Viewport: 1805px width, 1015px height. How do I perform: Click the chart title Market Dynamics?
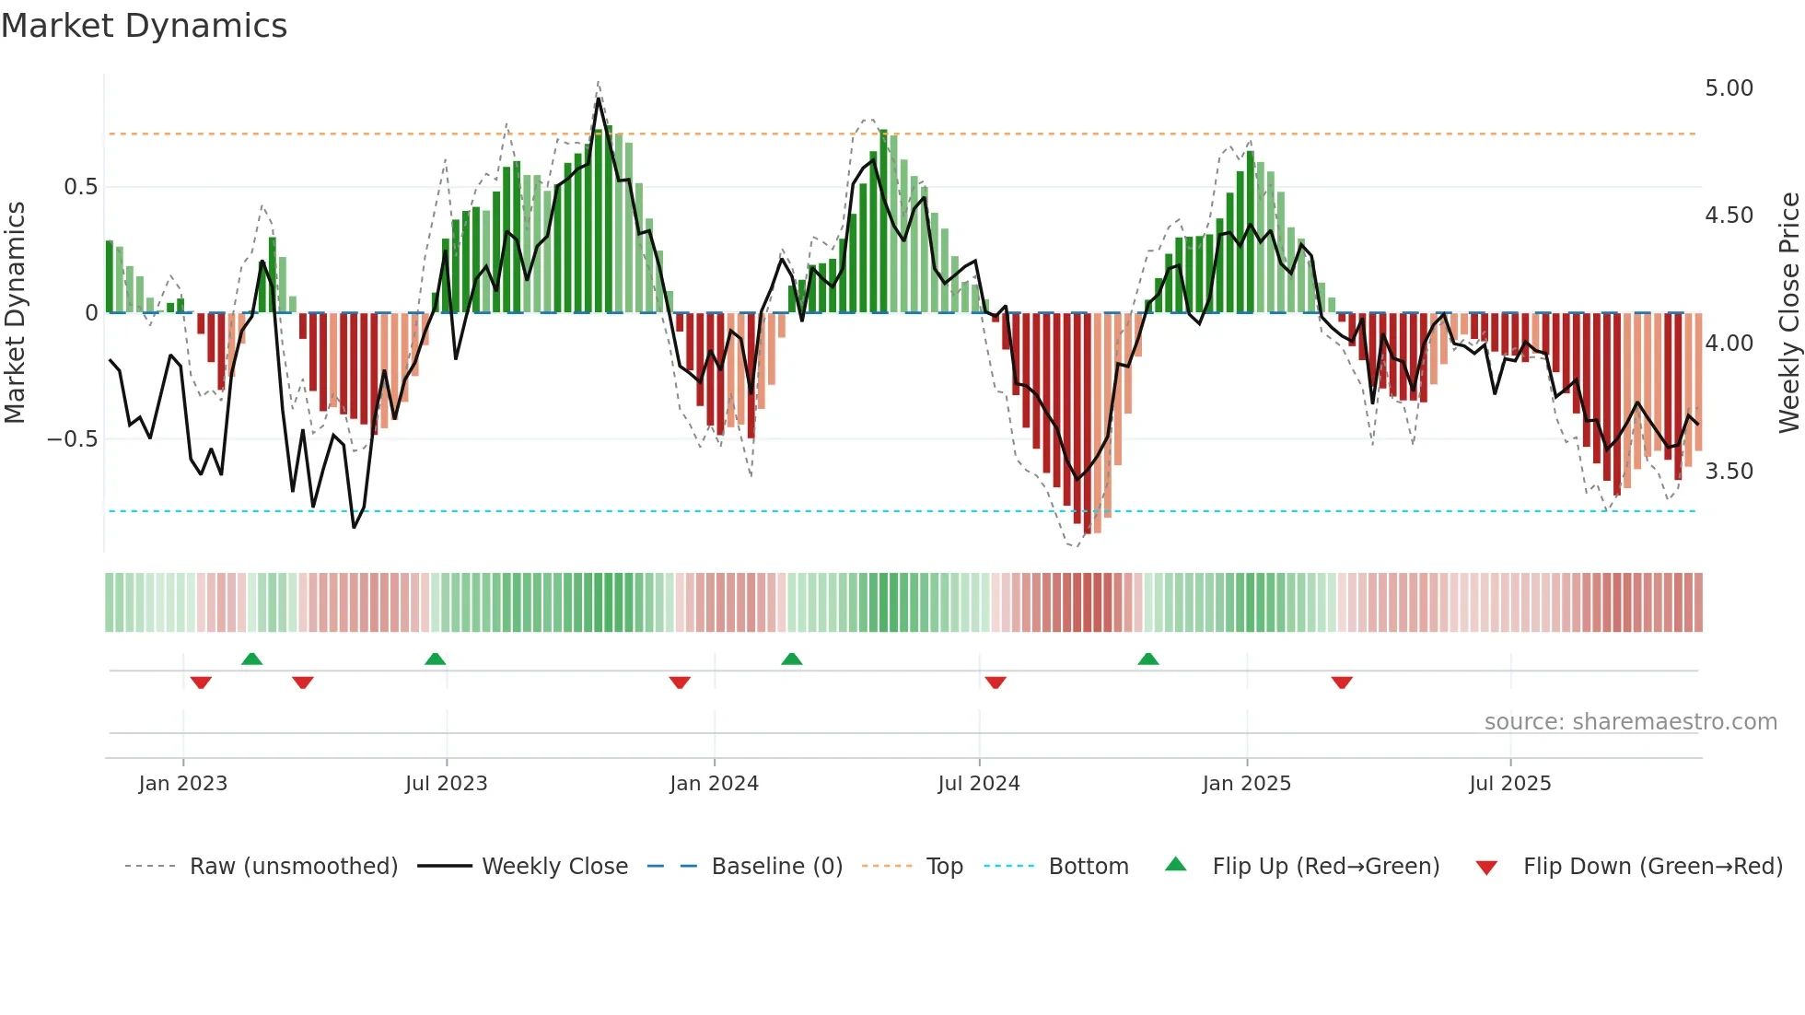click(x=144, y=26)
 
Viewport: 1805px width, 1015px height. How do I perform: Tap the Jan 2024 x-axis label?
click(x=714, y=784)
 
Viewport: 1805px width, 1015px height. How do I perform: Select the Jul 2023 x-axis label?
click(x=446, y=784)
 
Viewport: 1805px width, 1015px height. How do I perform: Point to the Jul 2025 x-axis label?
click(x=1509, y=784)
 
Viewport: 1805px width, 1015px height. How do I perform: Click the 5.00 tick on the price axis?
click(x=1729, y=88)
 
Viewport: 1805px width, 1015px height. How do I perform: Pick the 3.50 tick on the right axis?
click(x=1729, y=472)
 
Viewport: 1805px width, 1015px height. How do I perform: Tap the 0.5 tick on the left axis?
click(x=80, y=187)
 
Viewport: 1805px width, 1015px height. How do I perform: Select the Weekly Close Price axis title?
click(x=1788, y=313)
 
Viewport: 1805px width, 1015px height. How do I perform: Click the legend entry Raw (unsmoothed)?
click(x=293, y=867)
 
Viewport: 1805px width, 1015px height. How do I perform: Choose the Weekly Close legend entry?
click(x=554, y=867)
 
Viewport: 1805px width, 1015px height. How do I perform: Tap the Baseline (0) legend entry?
click(x=776, y=867)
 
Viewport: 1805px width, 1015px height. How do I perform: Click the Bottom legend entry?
click(x=1088, y=867)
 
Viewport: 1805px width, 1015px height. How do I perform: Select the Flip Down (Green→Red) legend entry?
click(x=1652, y=867)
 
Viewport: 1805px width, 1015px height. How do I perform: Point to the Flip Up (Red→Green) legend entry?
click(x=1325, y=867)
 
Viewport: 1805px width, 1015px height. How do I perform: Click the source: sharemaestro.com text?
click(x=1630, y=722)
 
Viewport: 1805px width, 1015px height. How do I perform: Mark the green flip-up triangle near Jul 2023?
click(x=436, y=659)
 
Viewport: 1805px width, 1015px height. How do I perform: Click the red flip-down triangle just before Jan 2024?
click(x=680, y=682)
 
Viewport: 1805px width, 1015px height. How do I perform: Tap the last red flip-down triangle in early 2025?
click(x=1342, y=682)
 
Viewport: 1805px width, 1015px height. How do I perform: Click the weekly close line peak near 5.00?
click(x=599, y=99)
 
